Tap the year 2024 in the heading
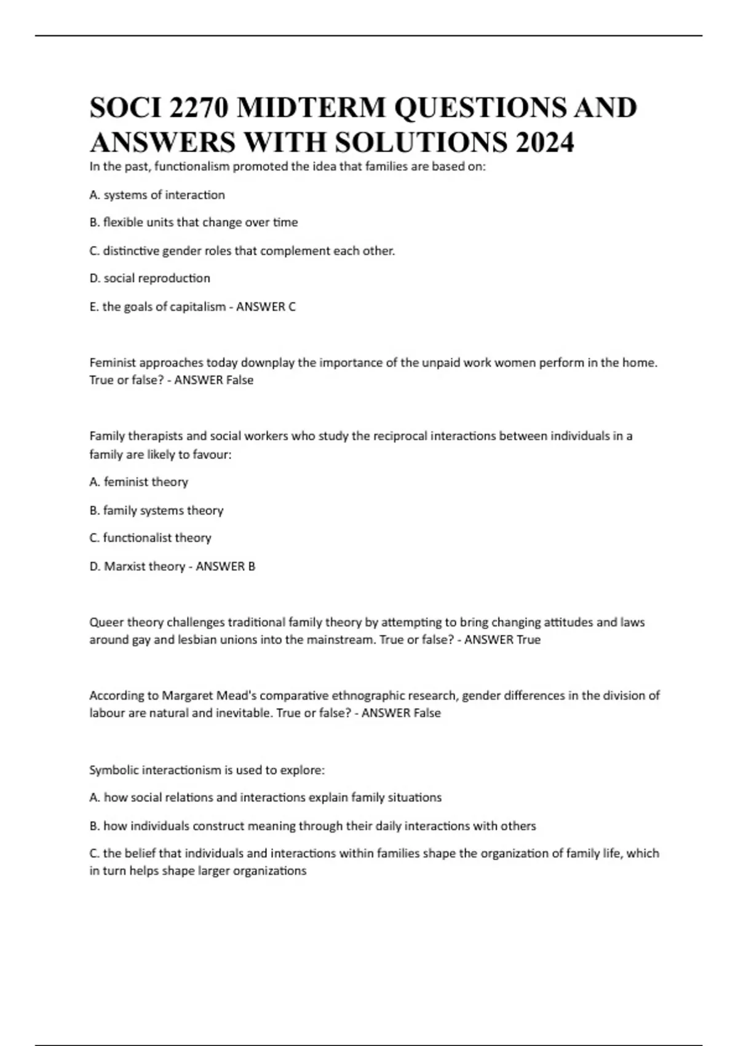pyautogui.click(x=545, y=143)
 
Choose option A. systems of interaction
pyautogui.click(x=157, y=195)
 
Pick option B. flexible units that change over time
pyautogui.click(x=193, y=222)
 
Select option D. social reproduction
pyautogui.click(x=149, y=278)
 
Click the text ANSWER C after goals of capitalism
pyautogui.click(x=266, y=306)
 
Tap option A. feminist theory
pyautogui.click(x=138, y=482)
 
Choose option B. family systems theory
pyautogui.click(x=156, y=510)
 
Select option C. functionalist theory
pyautogui.click(x=150, y=538)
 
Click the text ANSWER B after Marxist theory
pyautogui.click(x=225, y=566)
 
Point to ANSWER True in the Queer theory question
pyautogui.click(x=502, y=639)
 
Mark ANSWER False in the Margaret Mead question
pyautogui.click(x=401, y=713)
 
